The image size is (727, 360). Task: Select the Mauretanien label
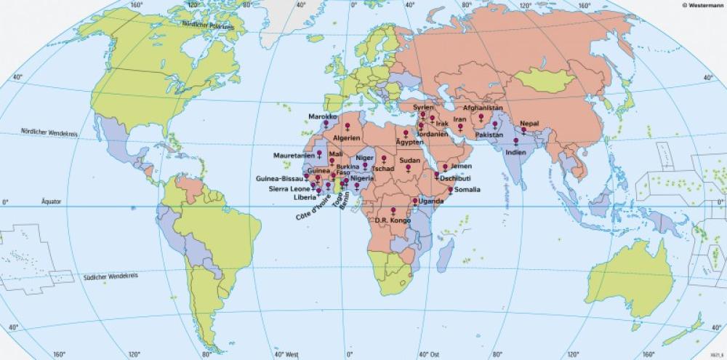pos(294,156)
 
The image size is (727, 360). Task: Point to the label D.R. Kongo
pos(393,220)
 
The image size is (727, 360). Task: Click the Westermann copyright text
pos(702,5)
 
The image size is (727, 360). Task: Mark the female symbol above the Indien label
pos(515,142)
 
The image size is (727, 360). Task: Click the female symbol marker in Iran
pos(459,127)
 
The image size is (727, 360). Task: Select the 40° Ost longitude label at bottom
pos(427,354)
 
